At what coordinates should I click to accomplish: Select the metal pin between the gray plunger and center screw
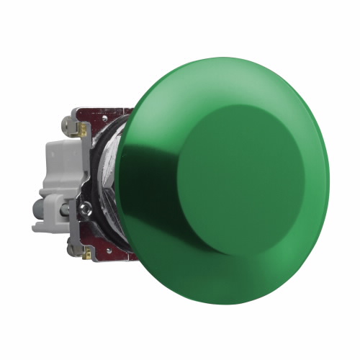[x=65, y=209]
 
